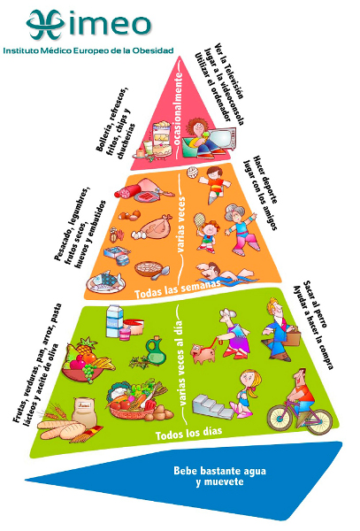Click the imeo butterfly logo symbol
[x=46, y=24]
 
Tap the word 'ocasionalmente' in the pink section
[x=179, y=107]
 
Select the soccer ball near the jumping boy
[x=192, y=173]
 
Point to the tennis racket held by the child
[x=199, y=220]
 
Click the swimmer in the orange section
[x=224, y=272]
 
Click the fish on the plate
[x=105, y=281]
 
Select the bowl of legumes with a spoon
[x=151, y=270]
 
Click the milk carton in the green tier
[x=115, y=321]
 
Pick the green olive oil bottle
[x=156, y=351]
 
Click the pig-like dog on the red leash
[x=203, y=353]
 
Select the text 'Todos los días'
[x=188, y=433]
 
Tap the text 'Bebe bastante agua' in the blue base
[x=219, y=471]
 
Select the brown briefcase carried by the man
[x=292, y=336]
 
